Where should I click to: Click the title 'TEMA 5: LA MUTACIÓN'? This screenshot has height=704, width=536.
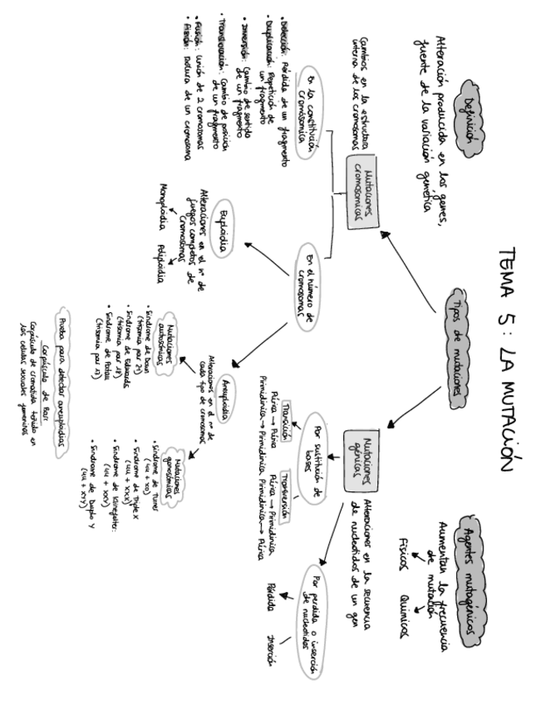508,358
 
